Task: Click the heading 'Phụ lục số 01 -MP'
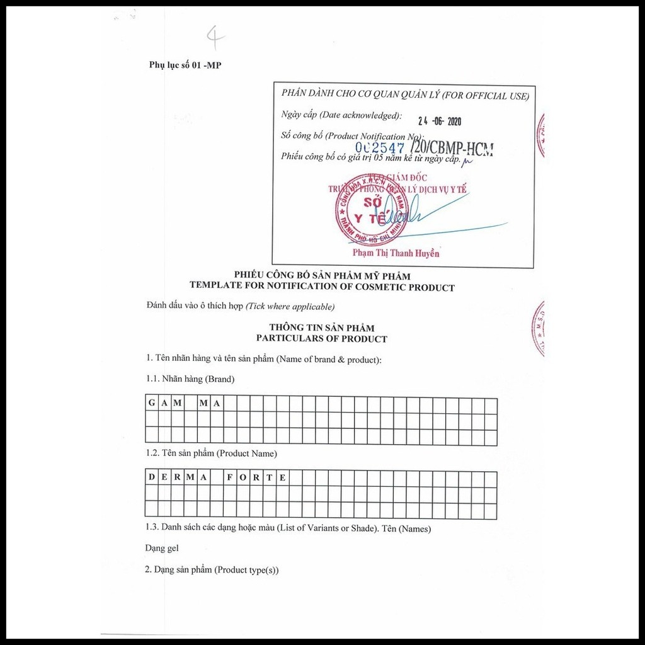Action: [185, 65]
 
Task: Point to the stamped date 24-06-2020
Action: [440, 122]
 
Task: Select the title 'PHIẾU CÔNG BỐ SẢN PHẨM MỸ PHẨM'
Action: [322, 276]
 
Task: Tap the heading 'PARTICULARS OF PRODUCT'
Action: [321, 339]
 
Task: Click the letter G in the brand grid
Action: [152, 403]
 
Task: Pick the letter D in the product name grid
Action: [152, 477]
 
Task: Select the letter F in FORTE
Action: [230, 477]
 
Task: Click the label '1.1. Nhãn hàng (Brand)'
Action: [190, 379]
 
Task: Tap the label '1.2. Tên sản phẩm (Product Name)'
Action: [211, 453]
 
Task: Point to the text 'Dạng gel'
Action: [162, 549]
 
